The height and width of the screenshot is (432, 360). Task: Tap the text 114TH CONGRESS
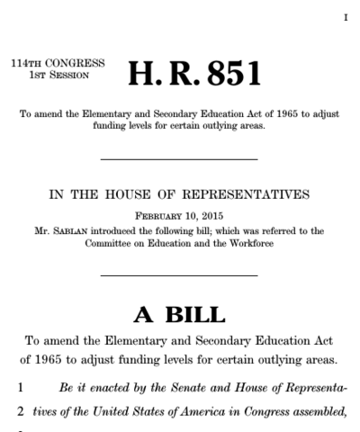pos(58,63)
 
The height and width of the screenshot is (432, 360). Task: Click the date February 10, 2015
pos(179,217)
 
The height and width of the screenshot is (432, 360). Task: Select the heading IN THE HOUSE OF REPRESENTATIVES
pos(179,193)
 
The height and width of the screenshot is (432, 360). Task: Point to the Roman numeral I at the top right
pos(345,18)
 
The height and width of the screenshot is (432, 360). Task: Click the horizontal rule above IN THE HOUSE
pos(179,159)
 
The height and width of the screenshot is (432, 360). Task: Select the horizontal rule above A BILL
pos(179,273)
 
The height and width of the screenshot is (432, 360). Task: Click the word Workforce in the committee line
pos(234,243)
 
